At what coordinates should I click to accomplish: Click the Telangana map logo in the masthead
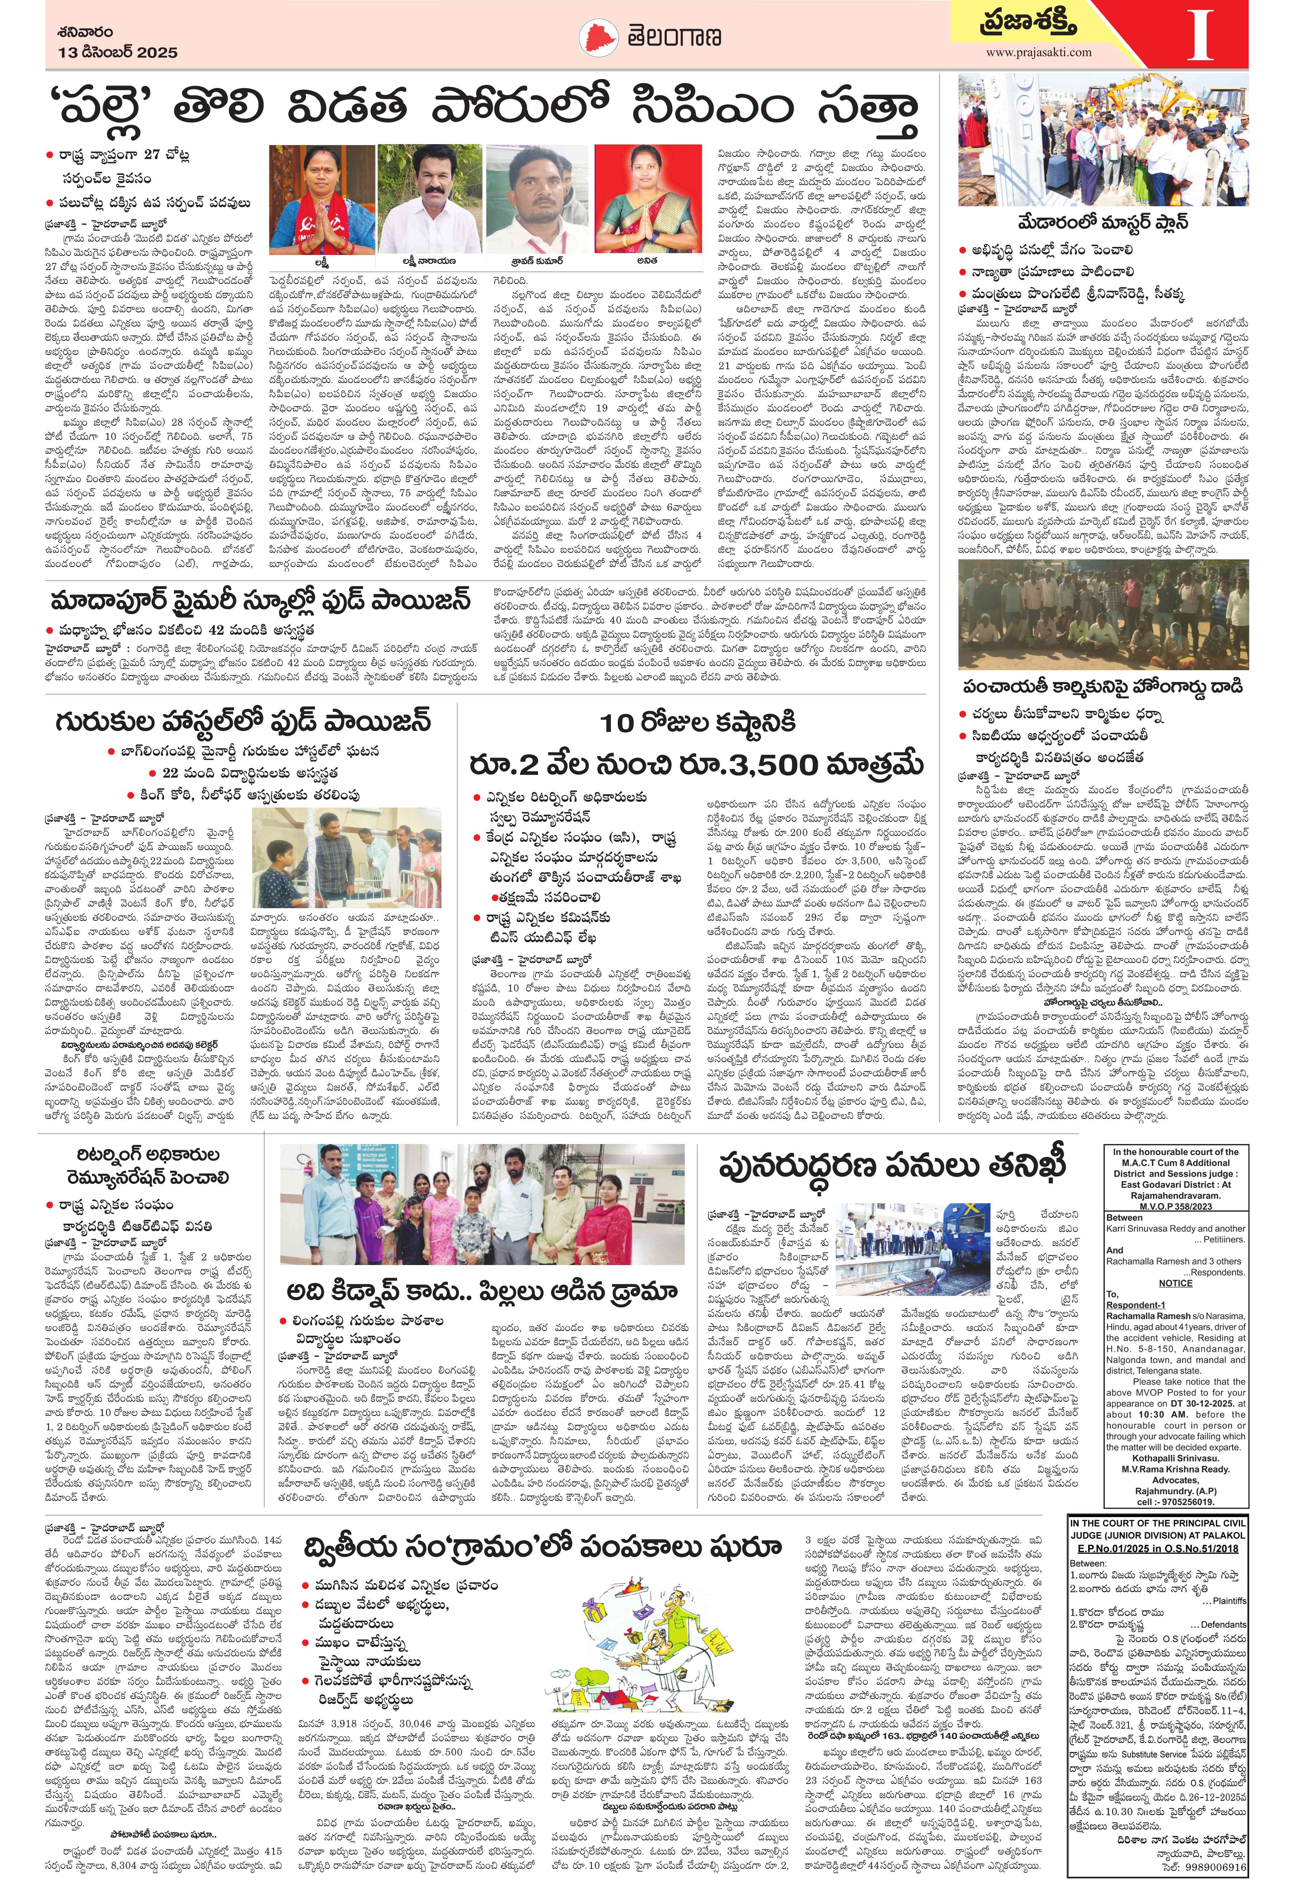coord(600,38)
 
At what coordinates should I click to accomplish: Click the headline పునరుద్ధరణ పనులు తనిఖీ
coord(893,1167)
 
